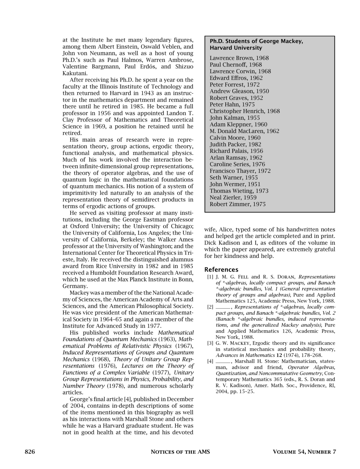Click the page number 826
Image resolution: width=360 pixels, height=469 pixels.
click(x=30, y=452)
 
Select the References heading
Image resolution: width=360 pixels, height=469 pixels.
click(x=221, y=270)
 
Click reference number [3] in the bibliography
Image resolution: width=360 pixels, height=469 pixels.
click(x=210, y=343)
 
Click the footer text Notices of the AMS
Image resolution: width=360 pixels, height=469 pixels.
click(x=180, y=452)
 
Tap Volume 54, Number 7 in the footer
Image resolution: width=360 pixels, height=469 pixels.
click(x=304, y=452)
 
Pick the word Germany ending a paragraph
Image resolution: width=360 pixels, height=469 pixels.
click(x=75, y=286)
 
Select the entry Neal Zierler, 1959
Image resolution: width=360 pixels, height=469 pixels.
click(x=233, y=198)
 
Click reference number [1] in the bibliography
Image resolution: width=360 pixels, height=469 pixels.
click(x=210, y=277)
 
